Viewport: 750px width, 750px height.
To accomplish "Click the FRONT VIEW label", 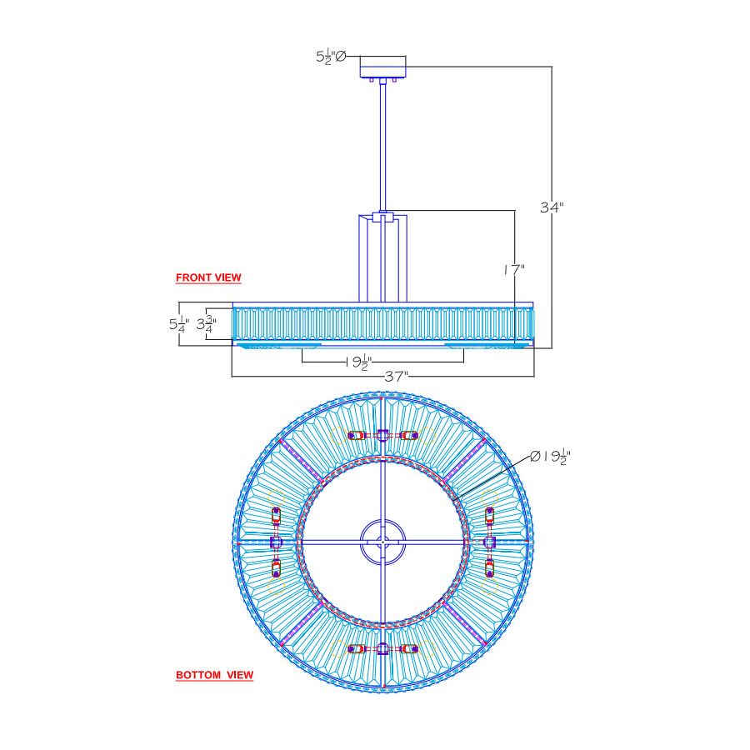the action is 208,277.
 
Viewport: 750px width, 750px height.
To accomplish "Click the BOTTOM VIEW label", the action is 214,675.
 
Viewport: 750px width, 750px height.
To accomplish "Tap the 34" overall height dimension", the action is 552,207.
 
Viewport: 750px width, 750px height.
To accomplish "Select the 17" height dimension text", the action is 514,270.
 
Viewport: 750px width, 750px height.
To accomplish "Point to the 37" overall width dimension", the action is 397,377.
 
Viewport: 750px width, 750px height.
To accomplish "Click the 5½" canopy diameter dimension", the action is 331,57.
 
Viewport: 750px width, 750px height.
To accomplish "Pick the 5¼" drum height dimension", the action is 179,324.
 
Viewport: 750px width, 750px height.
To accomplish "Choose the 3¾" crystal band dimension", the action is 207,324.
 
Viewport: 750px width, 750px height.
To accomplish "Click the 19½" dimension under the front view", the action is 358,362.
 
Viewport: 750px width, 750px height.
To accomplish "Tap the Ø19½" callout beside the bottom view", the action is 551,457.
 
